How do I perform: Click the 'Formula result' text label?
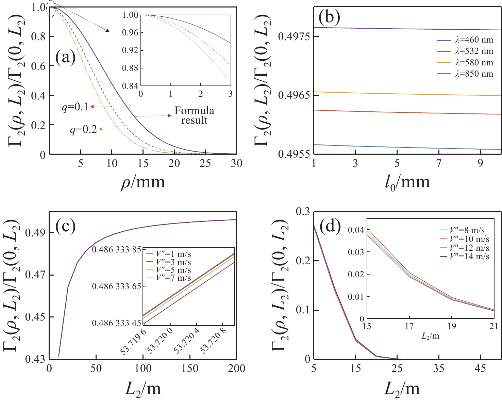coord(194,115)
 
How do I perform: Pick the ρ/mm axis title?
coord(143,182)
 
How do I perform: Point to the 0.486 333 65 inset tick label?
coord(116,286)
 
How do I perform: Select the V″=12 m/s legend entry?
coord(469,248)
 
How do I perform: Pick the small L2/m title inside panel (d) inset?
coord(430,336)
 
